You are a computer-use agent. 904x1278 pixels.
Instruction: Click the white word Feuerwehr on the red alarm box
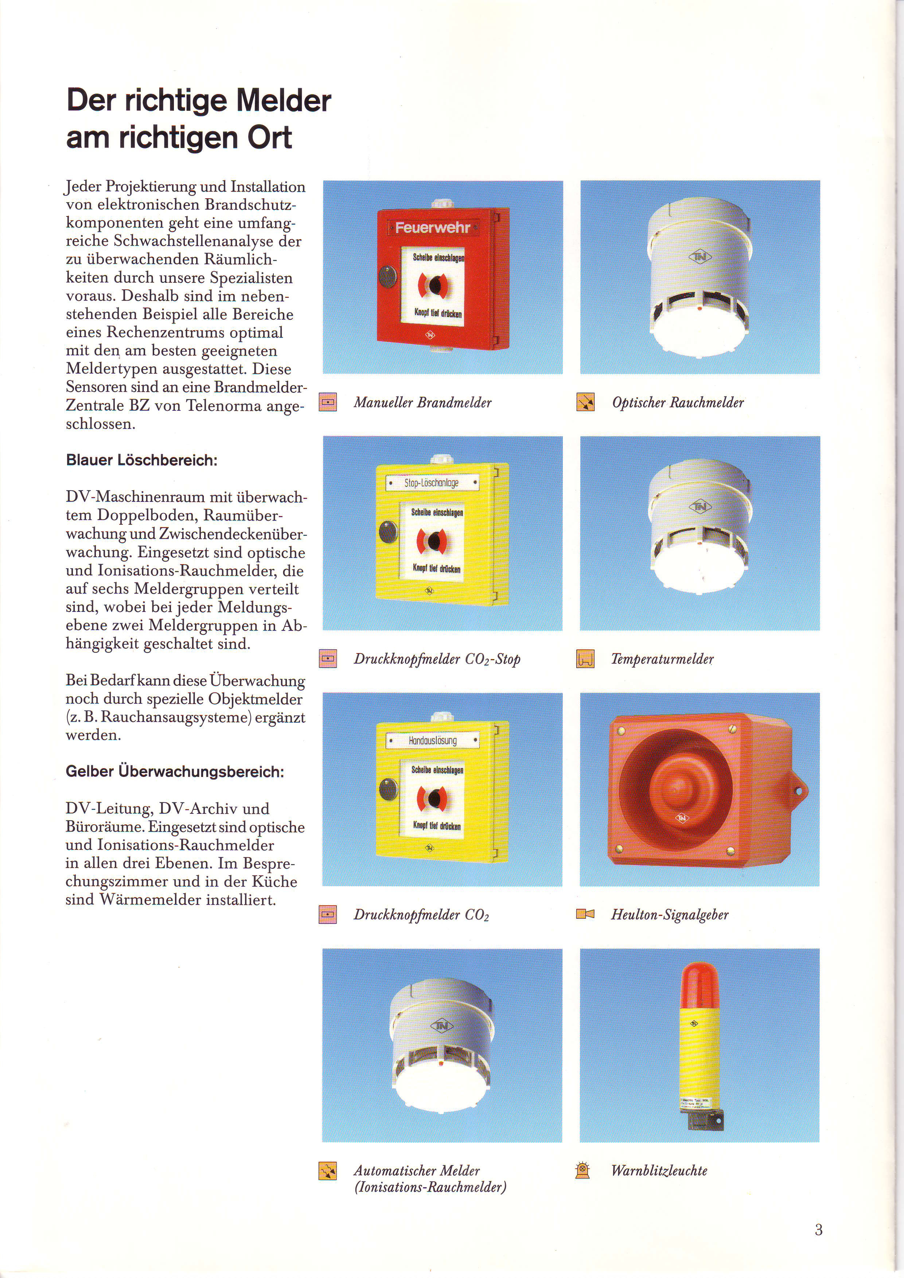coord(432,227)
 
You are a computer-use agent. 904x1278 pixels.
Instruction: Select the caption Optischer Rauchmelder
coord(677,402)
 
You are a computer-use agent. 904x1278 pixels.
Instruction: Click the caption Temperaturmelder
coord(662,659)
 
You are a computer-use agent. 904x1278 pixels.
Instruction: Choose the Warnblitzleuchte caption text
coord(659,1170)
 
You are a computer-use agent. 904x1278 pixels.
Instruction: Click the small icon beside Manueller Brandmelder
coord(328,402)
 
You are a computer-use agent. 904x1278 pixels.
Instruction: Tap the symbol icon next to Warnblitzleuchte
coord(582,1170)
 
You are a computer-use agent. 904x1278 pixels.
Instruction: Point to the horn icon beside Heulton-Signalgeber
coord(585,914)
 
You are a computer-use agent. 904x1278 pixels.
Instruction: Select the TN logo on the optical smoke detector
coord(700,257)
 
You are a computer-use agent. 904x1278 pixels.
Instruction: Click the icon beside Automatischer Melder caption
coord(328,1171)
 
